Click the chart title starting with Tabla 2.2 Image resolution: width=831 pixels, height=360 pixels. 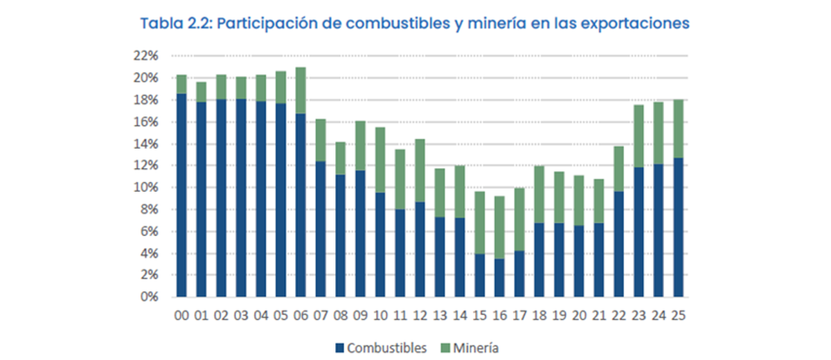[415, 23]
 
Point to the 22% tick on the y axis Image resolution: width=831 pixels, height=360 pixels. [148, 56]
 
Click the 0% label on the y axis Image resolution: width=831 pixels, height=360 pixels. [150, 297]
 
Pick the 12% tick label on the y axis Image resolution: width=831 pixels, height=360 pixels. [148, 165]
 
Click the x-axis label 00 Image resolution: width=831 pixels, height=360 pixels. [181, 315]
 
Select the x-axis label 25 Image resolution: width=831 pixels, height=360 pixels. [679, 315]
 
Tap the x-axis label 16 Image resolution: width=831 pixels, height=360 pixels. [499, 315]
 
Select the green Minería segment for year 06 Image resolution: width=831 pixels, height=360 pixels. [301, 90]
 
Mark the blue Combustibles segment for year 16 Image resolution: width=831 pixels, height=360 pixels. [499, 278]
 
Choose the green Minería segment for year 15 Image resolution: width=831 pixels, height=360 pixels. [479, 222]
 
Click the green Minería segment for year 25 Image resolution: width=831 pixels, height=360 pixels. [679, 129]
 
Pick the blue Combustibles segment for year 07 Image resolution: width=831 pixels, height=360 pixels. [321, 229]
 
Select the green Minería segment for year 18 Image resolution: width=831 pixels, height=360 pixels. [539, 195]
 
